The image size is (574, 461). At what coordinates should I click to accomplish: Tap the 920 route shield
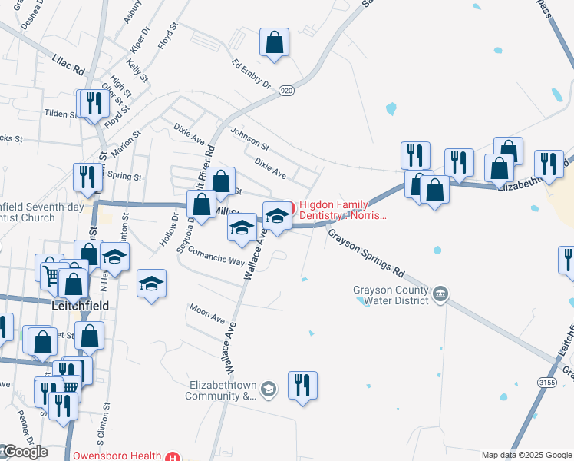tap(286, 91)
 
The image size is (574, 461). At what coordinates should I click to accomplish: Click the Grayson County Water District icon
tap(441, 293)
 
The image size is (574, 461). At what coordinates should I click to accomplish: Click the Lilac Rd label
tap(68, 63)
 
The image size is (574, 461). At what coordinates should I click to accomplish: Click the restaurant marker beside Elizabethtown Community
tap(302, 386)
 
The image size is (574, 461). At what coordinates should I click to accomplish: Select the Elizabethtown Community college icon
tap(267, 390)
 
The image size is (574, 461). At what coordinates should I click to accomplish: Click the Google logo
tap(25, 452)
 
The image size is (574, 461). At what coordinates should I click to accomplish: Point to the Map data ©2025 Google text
tap(526, 455)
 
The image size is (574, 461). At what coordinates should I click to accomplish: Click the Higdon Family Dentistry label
tap(343, 210)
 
